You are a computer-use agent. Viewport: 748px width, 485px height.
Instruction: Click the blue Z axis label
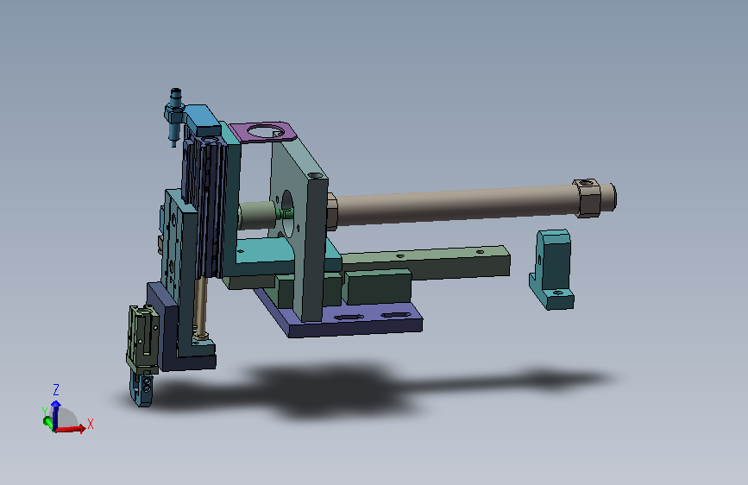[56, 389]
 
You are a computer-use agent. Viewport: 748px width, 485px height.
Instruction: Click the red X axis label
[91, 424]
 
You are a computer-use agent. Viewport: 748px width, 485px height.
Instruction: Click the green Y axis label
[44, 412]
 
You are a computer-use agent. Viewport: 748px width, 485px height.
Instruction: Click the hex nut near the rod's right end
[587, 198]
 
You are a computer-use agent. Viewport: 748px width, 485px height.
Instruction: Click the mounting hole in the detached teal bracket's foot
[556, 293]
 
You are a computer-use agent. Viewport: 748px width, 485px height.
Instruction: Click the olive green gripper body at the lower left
[142, 339]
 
